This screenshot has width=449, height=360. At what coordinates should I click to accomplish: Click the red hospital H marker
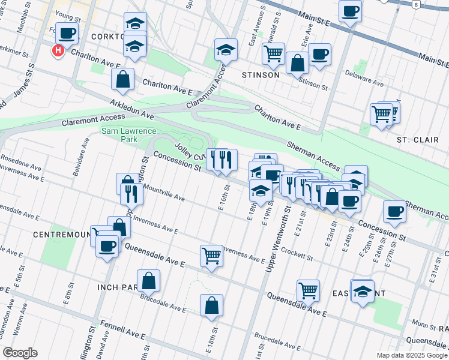tap(58, 52)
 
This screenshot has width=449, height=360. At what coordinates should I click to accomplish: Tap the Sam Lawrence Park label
tap(128, 136)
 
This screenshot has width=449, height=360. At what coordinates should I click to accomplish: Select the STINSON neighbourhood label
tap(261, 75)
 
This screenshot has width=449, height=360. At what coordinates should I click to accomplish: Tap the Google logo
tap(20, 353)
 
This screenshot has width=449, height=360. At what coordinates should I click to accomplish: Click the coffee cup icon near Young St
tap(67, 33)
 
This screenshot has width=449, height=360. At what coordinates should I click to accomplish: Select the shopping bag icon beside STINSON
tap(297, 62)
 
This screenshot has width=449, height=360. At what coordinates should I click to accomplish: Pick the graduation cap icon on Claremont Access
tap(226, 50)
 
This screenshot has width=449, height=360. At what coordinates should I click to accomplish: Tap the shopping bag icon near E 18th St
tap(212, 305)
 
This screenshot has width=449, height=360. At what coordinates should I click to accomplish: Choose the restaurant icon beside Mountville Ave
tap(130, 193)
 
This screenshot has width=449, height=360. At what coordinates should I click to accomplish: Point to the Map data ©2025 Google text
tap(412, 355)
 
